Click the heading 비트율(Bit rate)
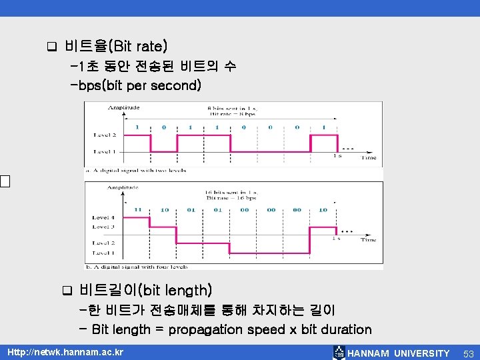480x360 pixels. click(116, 46)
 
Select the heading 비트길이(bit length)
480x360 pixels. click(145, 290)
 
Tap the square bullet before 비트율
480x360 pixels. click(51, 47)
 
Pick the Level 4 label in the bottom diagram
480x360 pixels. click(103, 218)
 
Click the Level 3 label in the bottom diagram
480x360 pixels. click(103, 227)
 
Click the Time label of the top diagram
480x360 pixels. click(369, 158)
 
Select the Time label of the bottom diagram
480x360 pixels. click(369, 240)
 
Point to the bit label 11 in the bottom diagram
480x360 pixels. click(138, 209)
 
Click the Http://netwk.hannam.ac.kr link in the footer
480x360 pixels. click(65, 352)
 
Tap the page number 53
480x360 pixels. click(468, 353)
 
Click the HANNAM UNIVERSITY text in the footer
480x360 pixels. click(399, 353)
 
